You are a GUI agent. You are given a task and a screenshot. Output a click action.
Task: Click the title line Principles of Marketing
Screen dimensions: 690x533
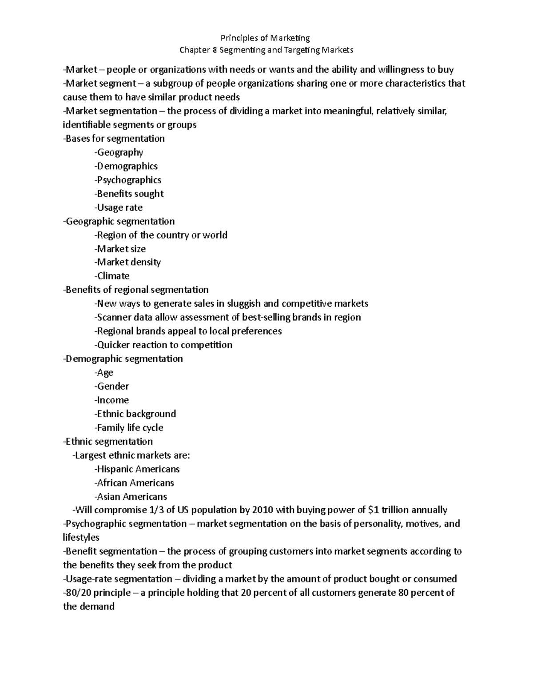click(x=266, y=38)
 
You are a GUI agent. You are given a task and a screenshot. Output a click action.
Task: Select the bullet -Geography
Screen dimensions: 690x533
click(x=119, y=152)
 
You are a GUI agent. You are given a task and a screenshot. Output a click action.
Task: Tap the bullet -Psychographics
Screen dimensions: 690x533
click(x=127, y=180)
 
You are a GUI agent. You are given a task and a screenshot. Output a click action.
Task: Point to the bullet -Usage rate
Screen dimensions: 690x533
click(x=118, y=207)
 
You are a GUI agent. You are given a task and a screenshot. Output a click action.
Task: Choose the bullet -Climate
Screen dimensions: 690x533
click(x=112, y=276)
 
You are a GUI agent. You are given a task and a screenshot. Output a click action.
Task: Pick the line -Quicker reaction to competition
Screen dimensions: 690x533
click(x=163, y=345)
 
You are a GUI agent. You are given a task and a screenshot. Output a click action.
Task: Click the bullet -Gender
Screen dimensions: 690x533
click(x=111, y=386)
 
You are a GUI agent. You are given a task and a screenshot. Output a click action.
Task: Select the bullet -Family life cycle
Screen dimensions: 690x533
click(x=129, y=427)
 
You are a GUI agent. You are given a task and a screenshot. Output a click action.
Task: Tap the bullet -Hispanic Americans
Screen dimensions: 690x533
click(x=137, y=469)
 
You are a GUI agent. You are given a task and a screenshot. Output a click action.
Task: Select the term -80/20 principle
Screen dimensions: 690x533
click(x=97, y=593)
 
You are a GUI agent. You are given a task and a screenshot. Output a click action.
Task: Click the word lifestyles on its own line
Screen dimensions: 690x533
click(x=81, y=538)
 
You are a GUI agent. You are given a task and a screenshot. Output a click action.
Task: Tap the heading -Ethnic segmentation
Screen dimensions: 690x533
click(x=108, y=441)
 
